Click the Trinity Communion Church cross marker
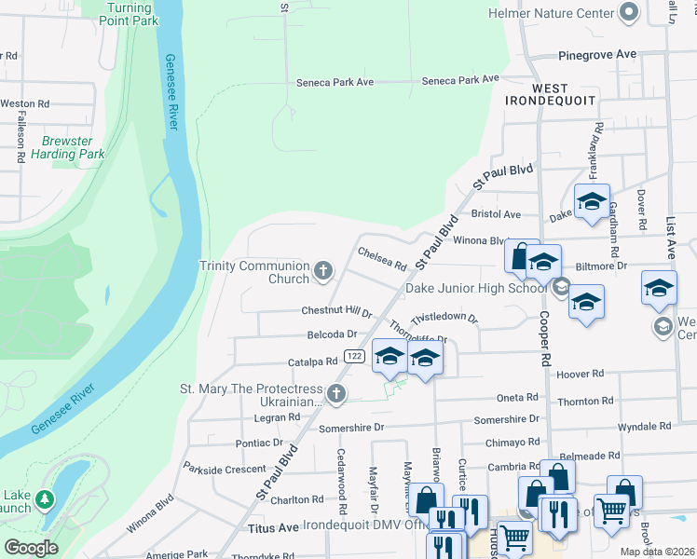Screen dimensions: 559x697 (323, 271)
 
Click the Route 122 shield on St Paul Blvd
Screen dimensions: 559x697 (353, 356)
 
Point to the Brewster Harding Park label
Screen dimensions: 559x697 (66, 147)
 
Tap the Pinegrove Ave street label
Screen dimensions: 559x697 (597, 55)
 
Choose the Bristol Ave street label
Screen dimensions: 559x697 (496, 214)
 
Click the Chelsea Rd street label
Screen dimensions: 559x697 (382, 259)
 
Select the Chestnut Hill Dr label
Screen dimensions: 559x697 (336, 311)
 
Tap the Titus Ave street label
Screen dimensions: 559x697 (274, 527)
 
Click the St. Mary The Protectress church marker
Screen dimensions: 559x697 (336, 394)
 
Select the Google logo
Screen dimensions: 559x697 (31, 548)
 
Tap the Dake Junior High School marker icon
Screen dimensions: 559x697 (560, 287)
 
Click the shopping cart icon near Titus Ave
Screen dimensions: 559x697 (513, 538)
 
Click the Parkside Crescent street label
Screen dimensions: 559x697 (225, 469)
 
